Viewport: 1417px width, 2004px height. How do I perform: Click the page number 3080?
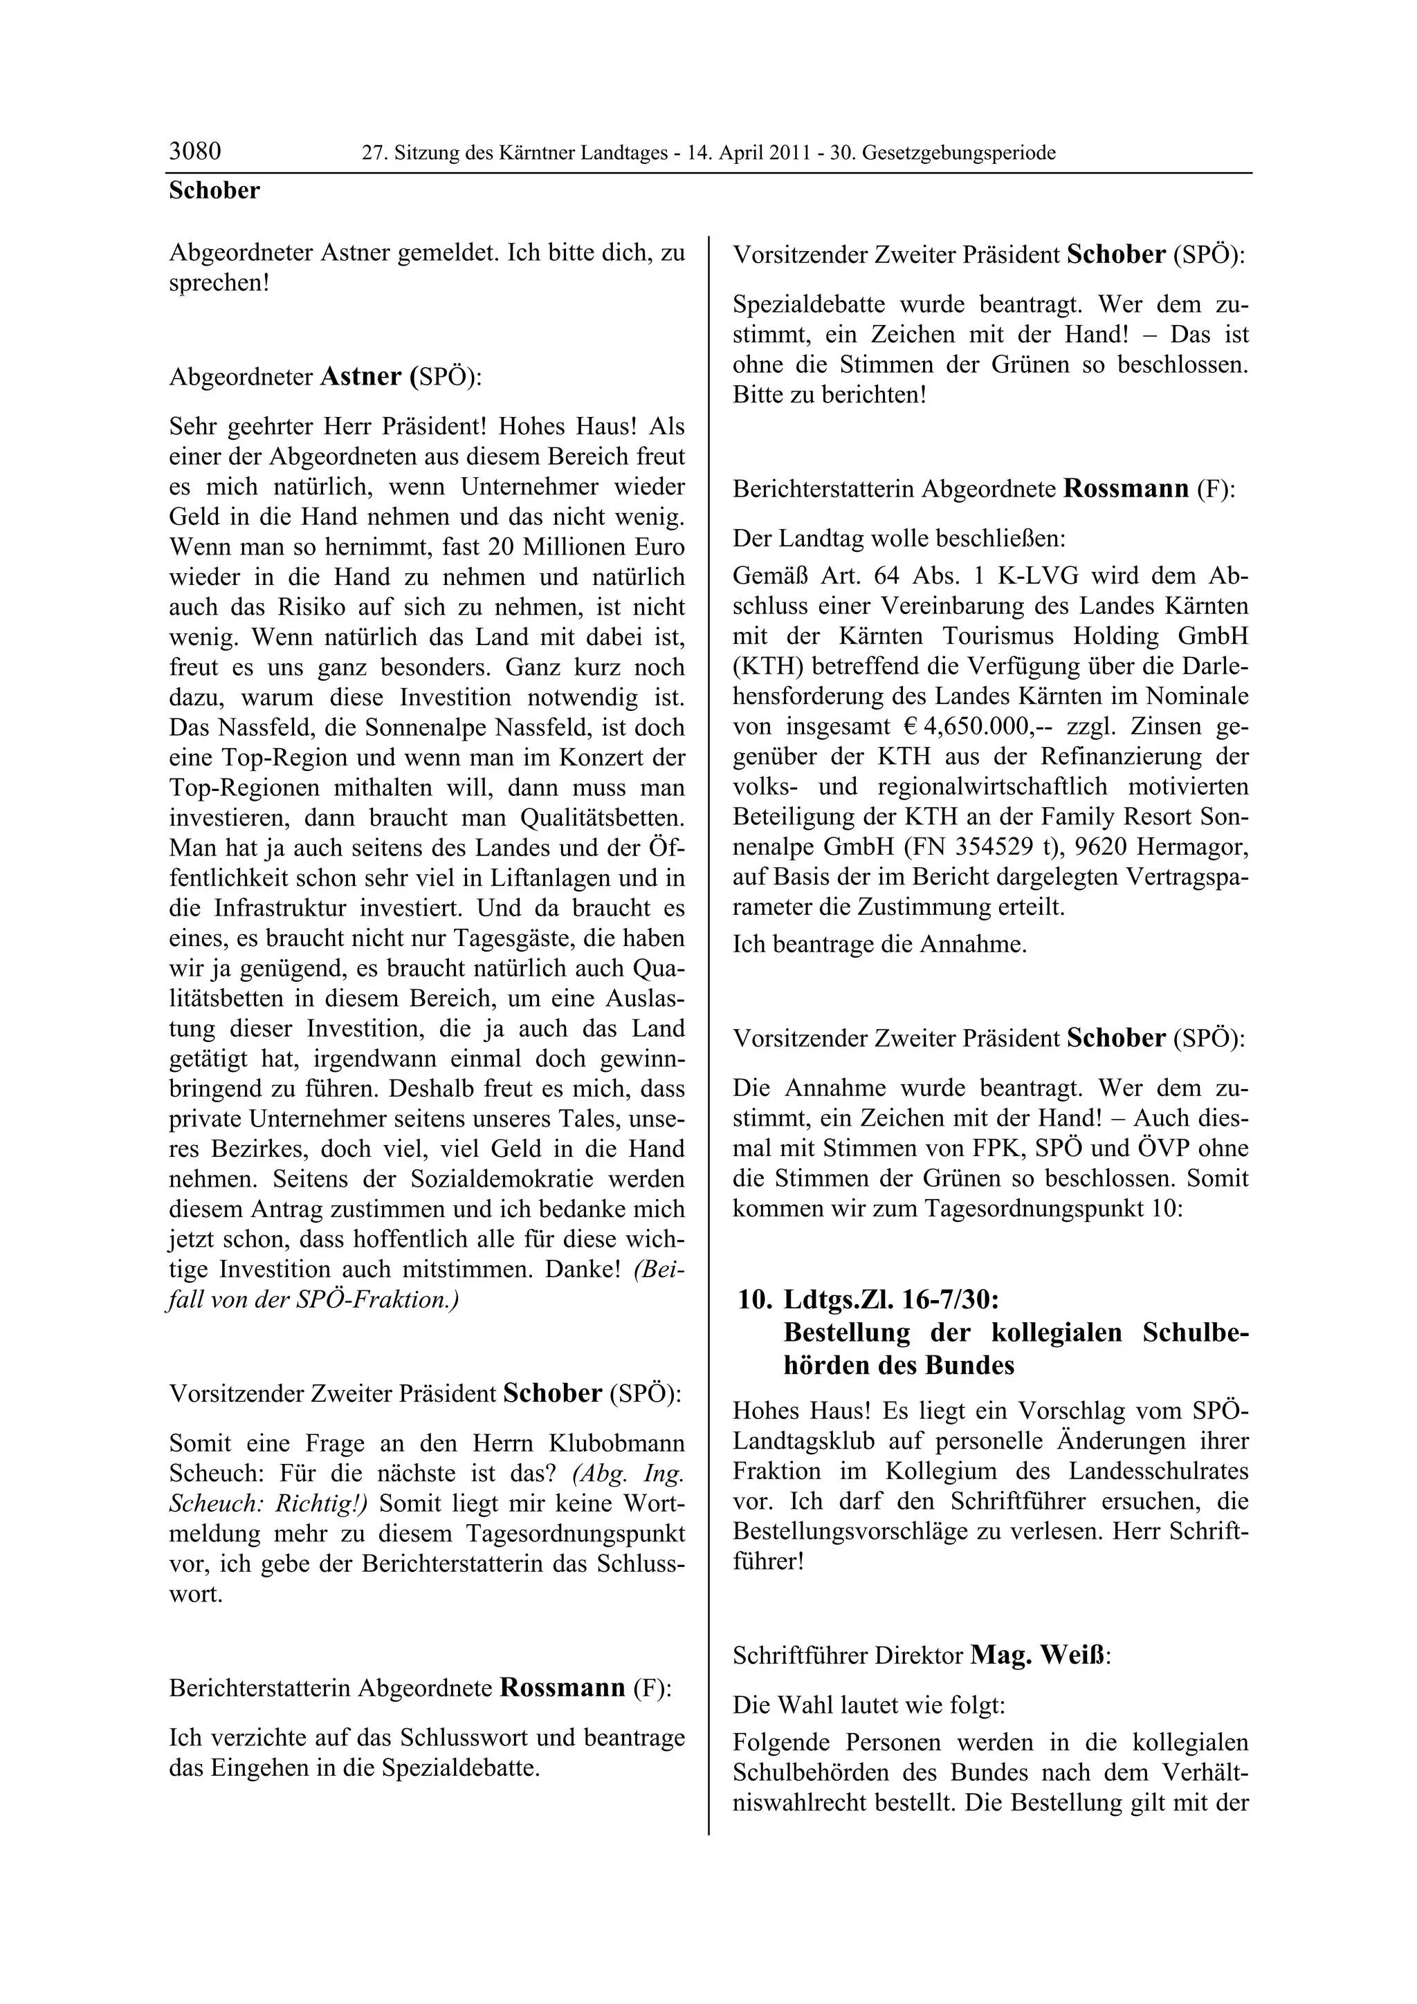coord(194,152)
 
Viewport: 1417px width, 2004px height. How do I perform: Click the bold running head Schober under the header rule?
coord(214,190)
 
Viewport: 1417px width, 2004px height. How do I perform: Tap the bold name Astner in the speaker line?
coord(360,376)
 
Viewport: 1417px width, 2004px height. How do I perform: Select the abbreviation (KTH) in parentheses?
coord(762,667)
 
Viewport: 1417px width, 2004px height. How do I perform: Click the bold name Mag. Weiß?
coord(1037,1655)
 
